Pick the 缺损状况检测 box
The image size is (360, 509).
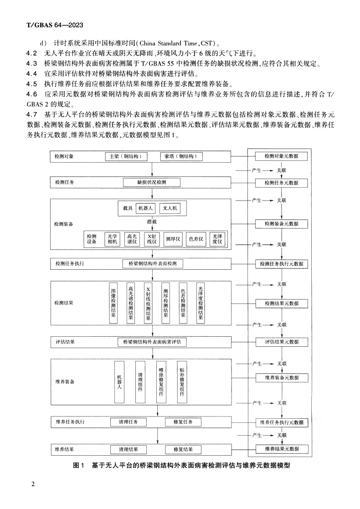pos(152,182)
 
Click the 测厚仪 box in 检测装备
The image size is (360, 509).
pos(173,239)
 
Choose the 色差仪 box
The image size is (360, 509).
pos(196,239)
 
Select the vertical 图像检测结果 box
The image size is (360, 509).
pos(113,303)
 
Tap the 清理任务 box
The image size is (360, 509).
pos(128,422)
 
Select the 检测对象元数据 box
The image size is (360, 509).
pos(281,156)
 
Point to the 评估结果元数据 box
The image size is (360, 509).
pos(281,342)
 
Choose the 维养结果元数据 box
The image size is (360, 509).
pos(281,449)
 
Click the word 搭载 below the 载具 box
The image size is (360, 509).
pos(152,221)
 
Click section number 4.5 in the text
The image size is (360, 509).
pos(31,84)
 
